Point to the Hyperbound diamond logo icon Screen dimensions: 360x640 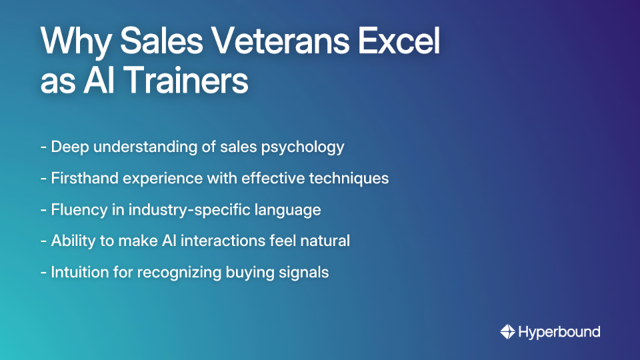coord(507,331)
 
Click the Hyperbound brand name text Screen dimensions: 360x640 coord(559,331)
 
